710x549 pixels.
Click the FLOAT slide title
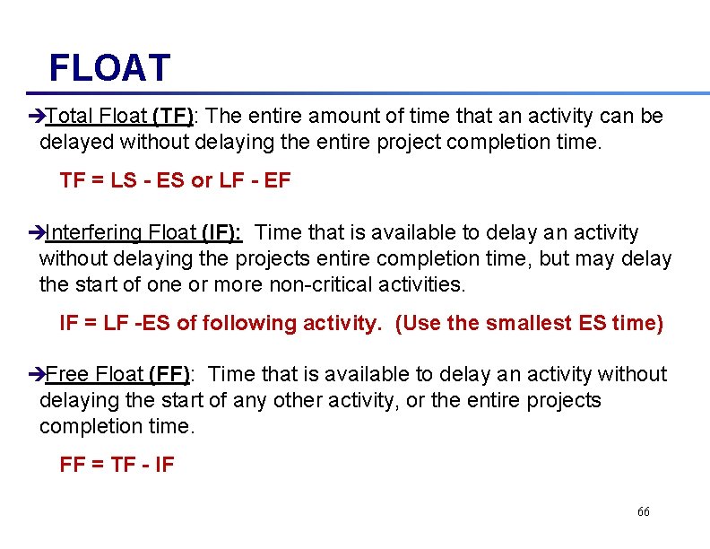coord(108,67)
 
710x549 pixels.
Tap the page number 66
coord(643,511)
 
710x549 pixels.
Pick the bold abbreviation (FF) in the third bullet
coord(169,374)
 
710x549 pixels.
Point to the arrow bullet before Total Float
coord(36,117)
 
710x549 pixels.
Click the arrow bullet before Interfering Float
coord(36,233)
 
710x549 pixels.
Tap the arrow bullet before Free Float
coord(36,374)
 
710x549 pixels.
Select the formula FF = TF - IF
coord(117,465)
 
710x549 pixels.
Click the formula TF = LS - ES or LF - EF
coord(175,180)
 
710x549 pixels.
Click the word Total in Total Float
coord(70,117)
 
